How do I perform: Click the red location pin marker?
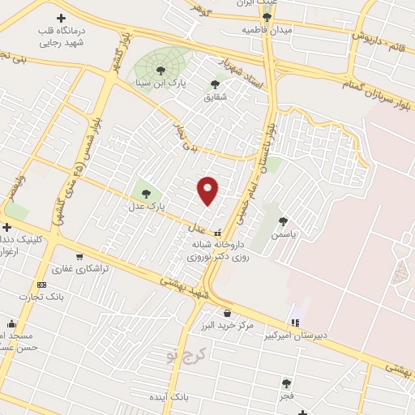tap(208, 190)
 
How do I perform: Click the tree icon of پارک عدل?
tap(146, 194)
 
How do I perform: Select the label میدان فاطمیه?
tap(267, 29)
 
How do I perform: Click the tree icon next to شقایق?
tap(215, 84)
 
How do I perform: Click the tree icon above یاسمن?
tap(283, 220)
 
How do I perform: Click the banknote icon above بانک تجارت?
tap(41, 285)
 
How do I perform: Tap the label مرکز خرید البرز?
tap(227, 326)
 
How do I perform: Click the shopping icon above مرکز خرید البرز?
tap(227, 313)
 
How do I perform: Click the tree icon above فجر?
tap(285, 383)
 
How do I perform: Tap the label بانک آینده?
tap(169, 398)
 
